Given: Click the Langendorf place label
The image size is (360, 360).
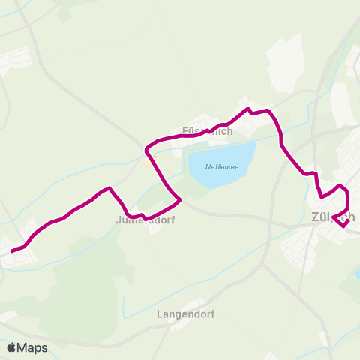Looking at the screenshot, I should [185, 315].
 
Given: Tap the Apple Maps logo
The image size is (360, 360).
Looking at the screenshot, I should [27, 347].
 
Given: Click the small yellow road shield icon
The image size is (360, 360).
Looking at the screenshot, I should [152, 159].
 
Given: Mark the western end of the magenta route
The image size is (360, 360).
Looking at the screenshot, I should [10, 251].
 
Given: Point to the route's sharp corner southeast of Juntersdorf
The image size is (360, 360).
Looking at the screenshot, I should [181, 200].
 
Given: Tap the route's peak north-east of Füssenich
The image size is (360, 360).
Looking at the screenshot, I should [247, 109].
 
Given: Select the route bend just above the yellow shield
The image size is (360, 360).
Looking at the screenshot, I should [148, 145].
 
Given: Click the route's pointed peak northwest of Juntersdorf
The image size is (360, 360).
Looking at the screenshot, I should [111, 188].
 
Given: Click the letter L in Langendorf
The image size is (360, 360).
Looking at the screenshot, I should [159, 315].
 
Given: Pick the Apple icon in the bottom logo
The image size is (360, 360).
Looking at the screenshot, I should [11, 347].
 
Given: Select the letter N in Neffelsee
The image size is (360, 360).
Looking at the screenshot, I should [208, 168].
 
